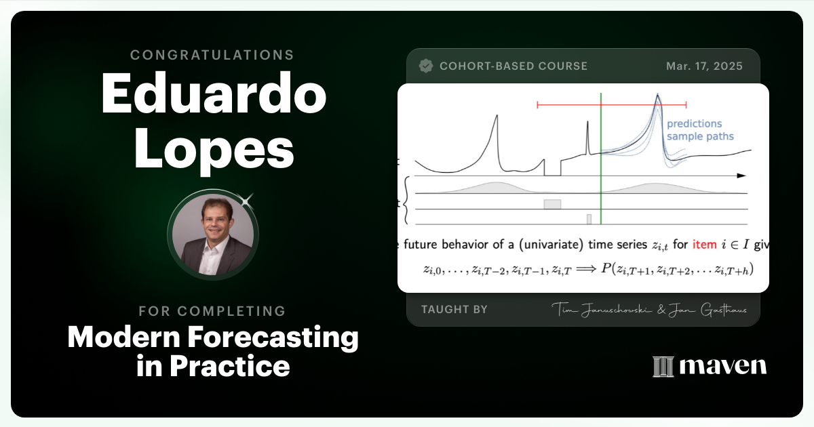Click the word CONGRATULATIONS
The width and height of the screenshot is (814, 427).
(x=213, y=55)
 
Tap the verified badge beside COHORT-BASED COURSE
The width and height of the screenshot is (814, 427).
(x=426, y=66)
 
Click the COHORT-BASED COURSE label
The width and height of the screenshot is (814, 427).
(x=513, y=66)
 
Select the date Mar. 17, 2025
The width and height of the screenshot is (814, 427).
(x=704, y=66)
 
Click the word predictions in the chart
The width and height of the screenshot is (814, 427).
(x=694, y=123)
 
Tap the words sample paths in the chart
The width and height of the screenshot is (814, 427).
(x=699, y=136)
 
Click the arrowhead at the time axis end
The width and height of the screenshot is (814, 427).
(x=742, y=176)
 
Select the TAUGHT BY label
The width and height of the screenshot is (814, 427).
(x=454, y=309)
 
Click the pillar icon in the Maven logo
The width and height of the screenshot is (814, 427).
(x=662, y=366)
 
